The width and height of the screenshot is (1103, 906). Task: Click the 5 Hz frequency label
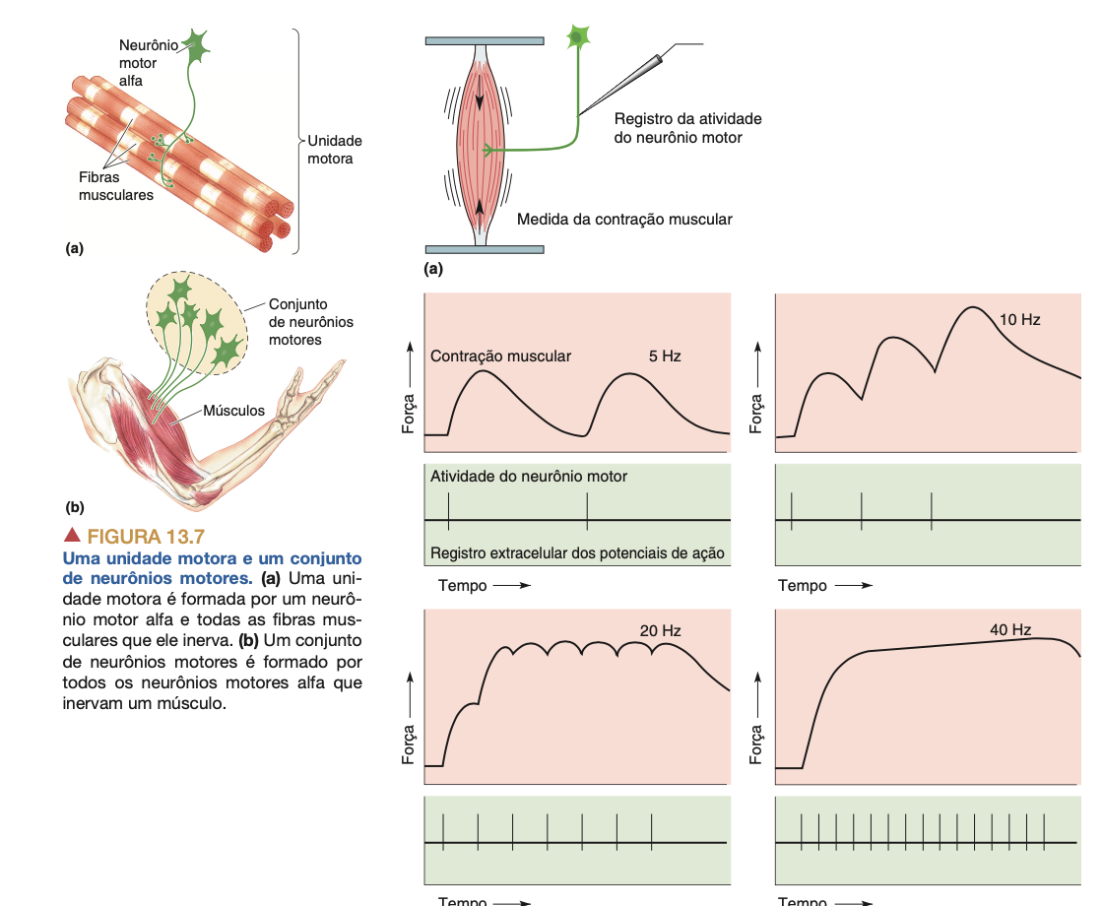coord(665,356)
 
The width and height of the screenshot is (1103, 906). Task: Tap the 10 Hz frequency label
coord(1019,320)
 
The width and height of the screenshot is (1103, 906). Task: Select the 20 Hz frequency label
coord(660,630)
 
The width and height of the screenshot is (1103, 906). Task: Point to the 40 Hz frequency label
coord(1010,629)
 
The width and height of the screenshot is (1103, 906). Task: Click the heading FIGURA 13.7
coord(145,537)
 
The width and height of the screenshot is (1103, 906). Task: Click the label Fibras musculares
coord(115,187)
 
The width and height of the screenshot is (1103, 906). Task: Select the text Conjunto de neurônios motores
coord(310,322)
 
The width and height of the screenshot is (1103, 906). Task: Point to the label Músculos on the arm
coord(233,410)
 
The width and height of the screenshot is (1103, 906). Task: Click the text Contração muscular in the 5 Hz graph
coord(500,356)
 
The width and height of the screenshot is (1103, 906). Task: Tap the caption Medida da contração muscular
coord(624,219)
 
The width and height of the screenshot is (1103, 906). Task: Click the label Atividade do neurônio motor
coord(529,476)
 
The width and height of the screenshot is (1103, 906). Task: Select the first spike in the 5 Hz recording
coord(448,510)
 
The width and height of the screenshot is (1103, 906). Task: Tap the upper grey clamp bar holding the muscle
coord(484,41)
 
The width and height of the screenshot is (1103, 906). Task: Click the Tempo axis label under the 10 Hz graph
coord(803,585)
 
